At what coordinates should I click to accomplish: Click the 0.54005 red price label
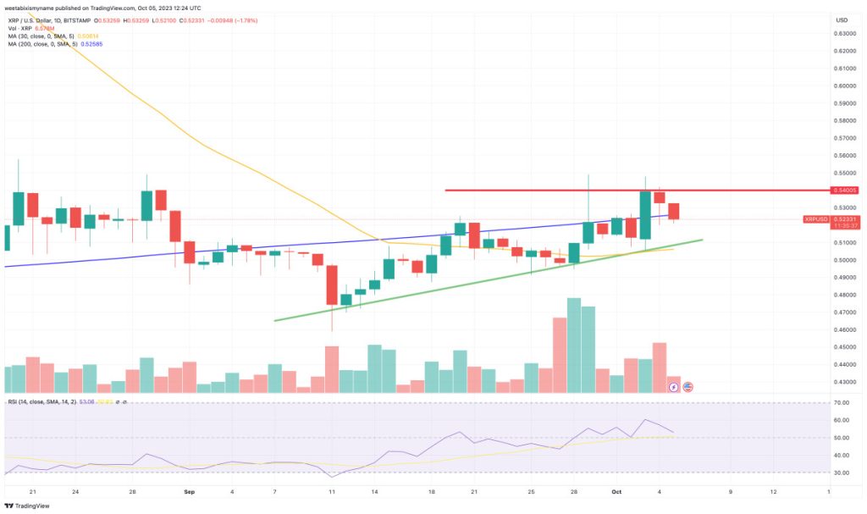(844, 191)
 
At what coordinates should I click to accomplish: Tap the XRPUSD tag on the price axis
(817, 219)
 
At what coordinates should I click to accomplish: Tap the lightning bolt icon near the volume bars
(674, 387)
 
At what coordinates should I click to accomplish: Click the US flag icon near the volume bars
(688, 387)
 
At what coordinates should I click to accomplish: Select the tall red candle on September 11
(332, 285)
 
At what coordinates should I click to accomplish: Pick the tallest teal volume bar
(573, 345)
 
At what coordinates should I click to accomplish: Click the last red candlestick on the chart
(674, 212)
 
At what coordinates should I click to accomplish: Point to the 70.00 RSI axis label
(842, 403)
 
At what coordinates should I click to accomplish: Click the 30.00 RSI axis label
(842, 473)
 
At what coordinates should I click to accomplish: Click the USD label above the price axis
(842, 20)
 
